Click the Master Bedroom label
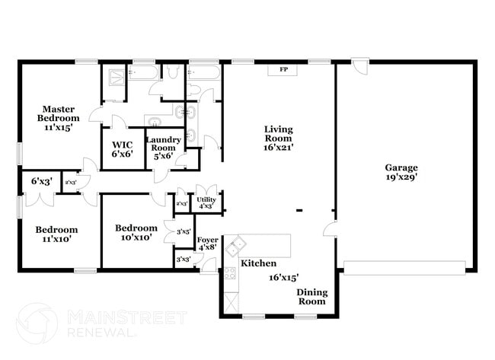click(59, 118)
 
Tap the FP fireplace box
click(283, 70)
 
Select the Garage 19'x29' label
click(401, 172)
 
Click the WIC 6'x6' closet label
click(122, 148)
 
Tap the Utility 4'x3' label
click(206, 201)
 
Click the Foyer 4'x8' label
click(207, 243)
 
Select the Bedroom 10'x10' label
click(136, 232)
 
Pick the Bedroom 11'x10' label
click(56, 234)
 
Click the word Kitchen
click(258, 263)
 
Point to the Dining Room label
click(311, 297)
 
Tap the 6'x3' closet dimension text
click(41, 182)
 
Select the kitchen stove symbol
click(230, 276)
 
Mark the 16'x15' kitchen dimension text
click(283, 278)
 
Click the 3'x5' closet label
click(183, 232)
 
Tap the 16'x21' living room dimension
click(279, 148)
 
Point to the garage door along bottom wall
click(404, 267)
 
